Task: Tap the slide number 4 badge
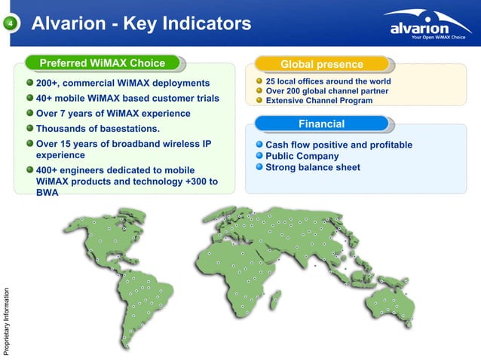click(x=11, y=25)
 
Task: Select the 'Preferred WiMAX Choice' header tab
click(x=102, y=63)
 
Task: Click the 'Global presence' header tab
click(x=322, y=64)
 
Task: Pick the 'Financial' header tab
click(x=322, y=124)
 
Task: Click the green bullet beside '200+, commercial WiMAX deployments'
click(x=30, y=83)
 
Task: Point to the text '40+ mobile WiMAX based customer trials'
click(x=128, y=99)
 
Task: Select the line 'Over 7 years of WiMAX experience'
click(x=113, y=114)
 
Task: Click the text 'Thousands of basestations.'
click(x=94, y=130)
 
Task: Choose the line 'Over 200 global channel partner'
click(x=327, y=91)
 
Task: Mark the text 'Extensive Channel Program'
click(x=319, y=100)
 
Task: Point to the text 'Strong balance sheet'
click(x=313, y=167)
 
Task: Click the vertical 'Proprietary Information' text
click(x=6, y=317)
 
